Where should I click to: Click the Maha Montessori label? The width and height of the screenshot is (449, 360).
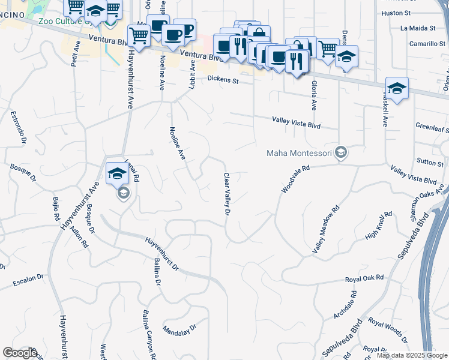tap(300, 153)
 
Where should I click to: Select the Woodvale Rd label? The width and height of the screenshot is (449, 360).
tap(295, 179)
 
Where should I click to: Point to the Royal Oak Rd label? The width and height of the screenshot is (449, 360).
tap(364, 279)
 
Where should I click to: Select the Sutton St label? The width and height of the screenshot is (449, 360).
tap(430, 163)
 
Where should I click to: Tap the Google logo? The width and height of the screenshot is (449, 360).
tap(20, 353)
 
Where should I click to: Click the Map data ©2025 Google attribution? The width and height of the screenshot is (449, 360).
tap(412, 355)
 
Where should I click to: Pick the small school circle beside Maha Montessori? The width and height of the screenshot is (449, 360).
tap(341, 152)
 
